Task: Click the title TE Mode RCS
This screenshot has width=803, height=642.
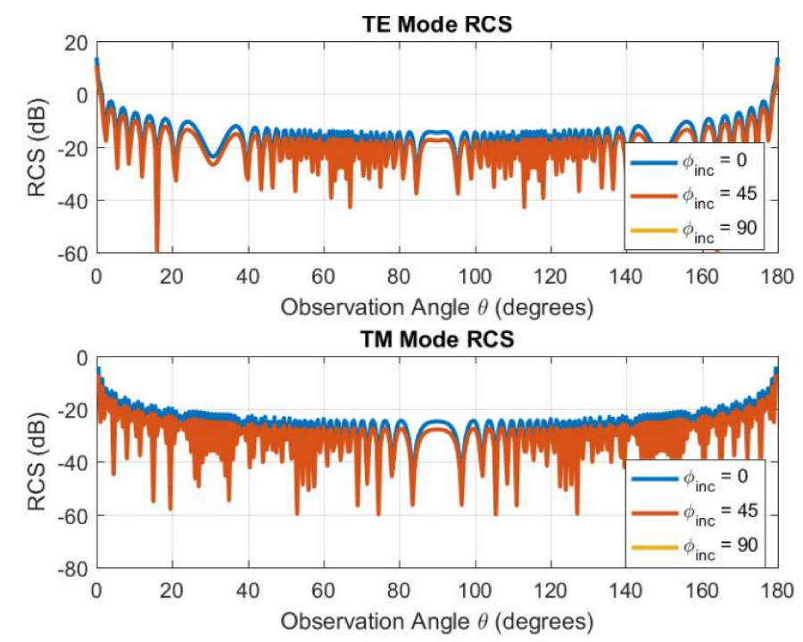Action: tap(436, 24)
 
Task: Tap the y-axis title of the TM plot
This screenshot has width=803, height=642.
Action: tap(38, 463)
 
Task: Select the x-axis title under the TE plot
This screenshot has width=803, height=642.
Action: tap(436, 307)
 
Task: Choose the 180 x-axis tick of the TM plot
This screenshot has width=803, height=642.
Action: tap(778, 590)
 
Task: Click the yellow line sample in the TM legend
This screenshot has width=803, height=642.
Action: tap(653, 542)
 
